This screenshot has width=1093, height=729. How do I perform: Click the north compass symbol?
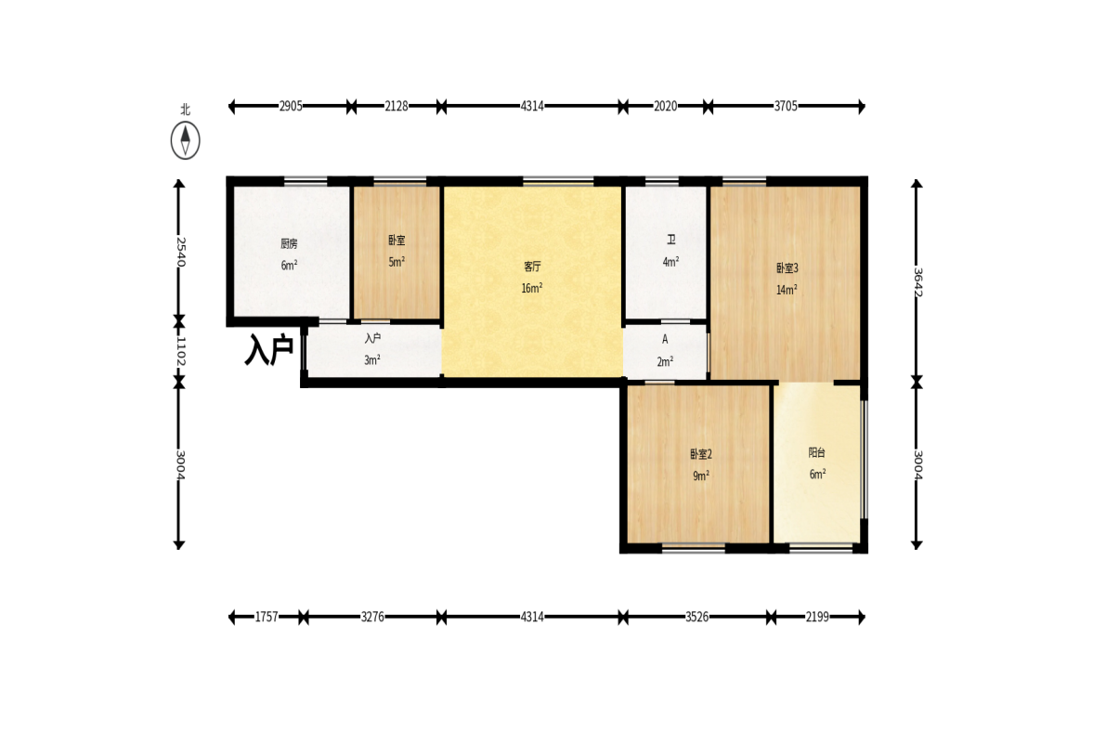pyautogui.click(x=186, y=140)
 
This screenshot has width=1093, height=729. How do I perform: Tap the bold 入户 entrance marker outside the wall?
pyautogui.click(x=269, y=349)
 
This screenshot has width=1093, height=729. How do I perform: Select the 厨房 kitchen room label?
pyautogui.click(x=290, y=244)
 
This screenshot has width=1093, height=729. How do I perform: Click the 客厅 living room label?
pyautogui.click(x=532, y=267)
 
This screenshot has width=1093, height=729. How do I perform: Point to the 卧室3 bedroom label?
pyautogui.click(x=787, y=268)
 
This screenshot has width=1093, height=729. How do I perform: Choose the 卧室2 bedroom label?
pyautogui.click(x=701, y=454)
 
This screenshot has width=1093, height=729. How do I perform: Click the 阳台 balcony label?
pyautogui.click(x=817, y=452)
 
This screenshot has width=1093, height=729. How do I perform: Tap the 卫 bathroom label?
pyautogui.click(x=671, y=240)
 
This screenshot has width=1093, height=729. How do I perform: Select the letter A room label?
pyautogui.click(x=665, y=339)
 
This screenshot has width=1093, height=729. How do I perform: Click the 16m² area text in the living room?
pyautogui.click(x=532, y=288)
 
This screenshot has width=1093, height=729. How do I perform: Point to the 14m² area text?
pyautogui.click(x=787, y=290)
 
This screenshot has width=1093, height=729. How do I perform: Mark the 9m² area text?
pyautogui.click(x=701, y=476)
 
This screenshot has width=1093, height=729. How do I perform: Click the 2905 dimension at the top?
pyautogui.click(x=291, y=106)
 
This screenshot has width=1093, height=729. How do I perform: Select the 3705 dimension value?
pyautogui.click(x=786, y=106)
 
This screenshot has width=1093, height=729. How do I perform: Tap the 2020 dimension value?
pyautogui.click(x=665, y=106)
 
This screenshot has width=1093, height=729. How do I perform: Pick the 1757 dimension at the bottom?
pyautogui.click(x=267, y=617)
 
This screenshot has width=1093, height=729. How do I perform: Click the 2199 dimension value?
pyautogui.click(x=817, y=617)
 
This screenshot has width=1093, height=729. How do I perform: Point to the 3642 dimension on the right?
pyautogui.click(x=917, y=282)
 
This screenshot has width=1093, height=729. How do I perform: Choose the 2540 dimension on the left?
pyautogui.click(x=180, y=252)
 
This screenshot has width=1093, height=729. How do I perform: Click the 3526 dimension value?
pyautogui.click(x=697, y=617)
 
